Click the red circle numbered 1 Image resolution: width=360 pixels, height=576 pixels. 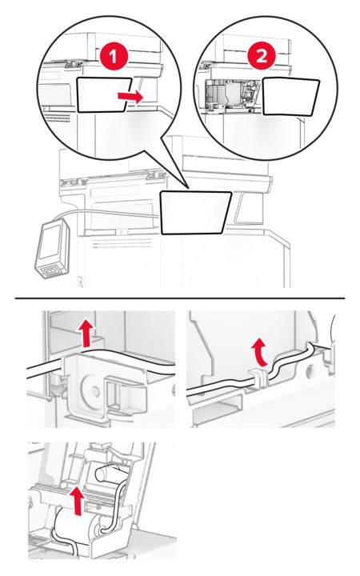(x=114, y=57)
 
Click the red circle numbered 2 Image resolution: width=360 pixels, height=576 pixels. (x=262, y=57)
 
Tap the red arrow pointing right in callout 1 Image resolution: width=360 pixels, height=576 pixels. (x=130, y=97)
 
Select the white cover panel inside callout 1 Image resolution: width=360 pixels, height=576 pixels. (x=103, y=94)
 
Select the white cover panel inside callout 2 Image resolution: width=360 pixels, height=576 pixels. (x=291, y=97)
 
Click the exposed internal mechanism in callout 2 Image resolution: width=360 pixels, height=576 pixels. (x=232, y=94)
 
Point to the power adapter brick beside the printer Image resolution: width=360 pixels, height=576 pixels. (x=53, y=249)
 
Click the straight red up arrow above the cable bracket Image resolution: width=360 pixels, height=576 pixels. (x=86, y=333)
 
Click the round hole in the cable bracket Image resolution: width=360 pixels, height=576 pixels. (x=94, y=391)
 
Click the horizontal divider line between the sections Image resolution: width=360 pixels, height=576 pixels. (x=180, y=298)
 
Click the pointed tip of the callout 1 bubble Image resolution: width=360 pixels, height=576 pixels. (x=189, y=189)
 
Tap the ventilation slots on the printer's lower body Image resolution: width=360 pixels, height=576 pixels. (x=122, y=243)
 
